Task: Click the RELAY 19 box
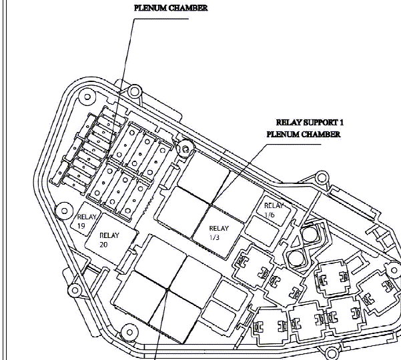coord(86,219)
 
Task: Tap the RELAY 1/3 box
coord(218,232)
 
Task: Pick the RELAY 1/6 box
coord(274,210)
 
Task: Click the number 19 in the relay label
coord(81,226)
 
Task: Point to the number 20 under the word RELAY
coord(103,245)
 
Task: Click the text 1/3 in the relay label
coord(214,237)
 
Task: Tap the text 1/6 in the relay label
coord(270,215)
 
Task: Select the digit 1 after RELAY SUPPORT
coord(342,123)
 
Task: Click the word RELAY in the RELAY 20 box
coord(109,235)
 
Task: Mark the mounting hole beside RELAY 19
coord(64,211)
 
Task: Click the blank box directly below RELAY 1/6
coord(262,231)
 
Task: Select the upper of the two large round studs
coord(310,234)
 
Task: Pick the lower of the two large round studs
coord(296,258)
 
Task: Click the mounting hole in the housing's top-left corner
coord(87,97)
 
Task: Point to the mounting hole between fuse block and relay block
coord(185,149)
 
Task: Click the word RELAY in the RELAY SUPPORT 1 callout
coord(289,123)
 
